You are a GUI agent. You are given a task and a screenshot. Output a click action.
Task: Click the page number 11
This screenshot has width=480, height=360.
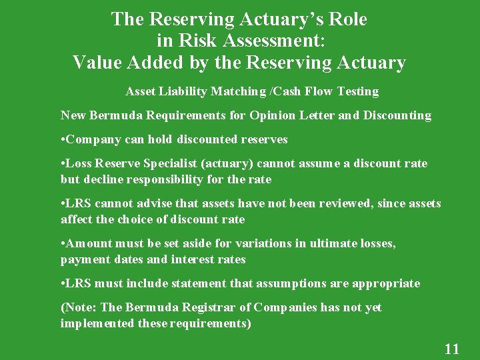pyautogui.click(x=451, y=349)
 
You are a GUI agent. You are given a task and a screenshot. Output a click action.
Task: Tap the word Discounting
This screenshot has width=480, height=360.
pyautogui.click(x=396, y=115)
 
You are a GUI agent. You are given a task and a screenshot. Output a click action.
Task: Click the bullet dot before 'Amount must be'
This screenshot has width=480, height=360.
pyautogui.click(x=63, y=244)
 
